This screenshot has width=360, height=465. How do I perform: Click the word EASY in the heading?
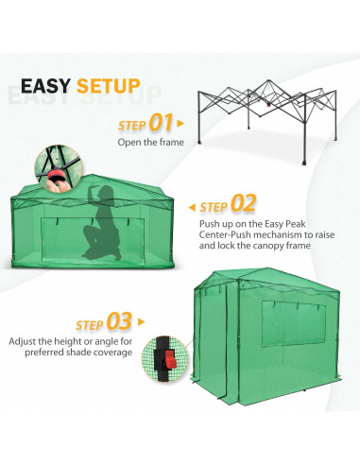click(45, 86)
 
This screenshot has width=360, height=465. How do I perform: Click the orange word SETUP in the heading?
click(109, 86)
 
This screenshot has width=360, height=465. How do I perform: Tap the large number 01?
click(161, 122)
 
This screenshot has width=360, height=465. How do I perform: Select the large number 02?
click(243, 203)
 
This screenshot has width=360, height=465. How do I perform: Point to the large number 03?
click(119, 321)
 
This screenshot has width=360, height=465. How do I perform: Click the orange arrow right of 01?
click(180, 124)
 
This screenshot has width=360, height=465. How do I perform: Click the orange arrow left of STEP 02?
click(192, 207)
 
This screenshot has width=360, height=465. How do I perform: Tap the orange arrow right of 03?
click(141, 322)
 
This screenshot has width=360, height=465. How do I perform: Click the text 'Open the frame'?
click(151, 143)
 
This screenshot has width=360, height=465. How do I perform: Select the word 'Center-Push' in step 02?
click(225, 234)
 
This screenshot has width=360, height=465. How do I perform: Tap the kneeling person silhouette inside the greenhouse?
click(102, 223)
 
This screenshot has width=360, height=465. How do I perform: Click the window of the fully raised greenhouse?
click(293, 323)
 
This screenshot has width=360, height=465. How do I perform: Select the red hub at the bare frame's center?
click(268, 106)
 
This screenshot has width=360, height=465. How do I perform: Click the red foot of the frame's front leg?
click(304, 164)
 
